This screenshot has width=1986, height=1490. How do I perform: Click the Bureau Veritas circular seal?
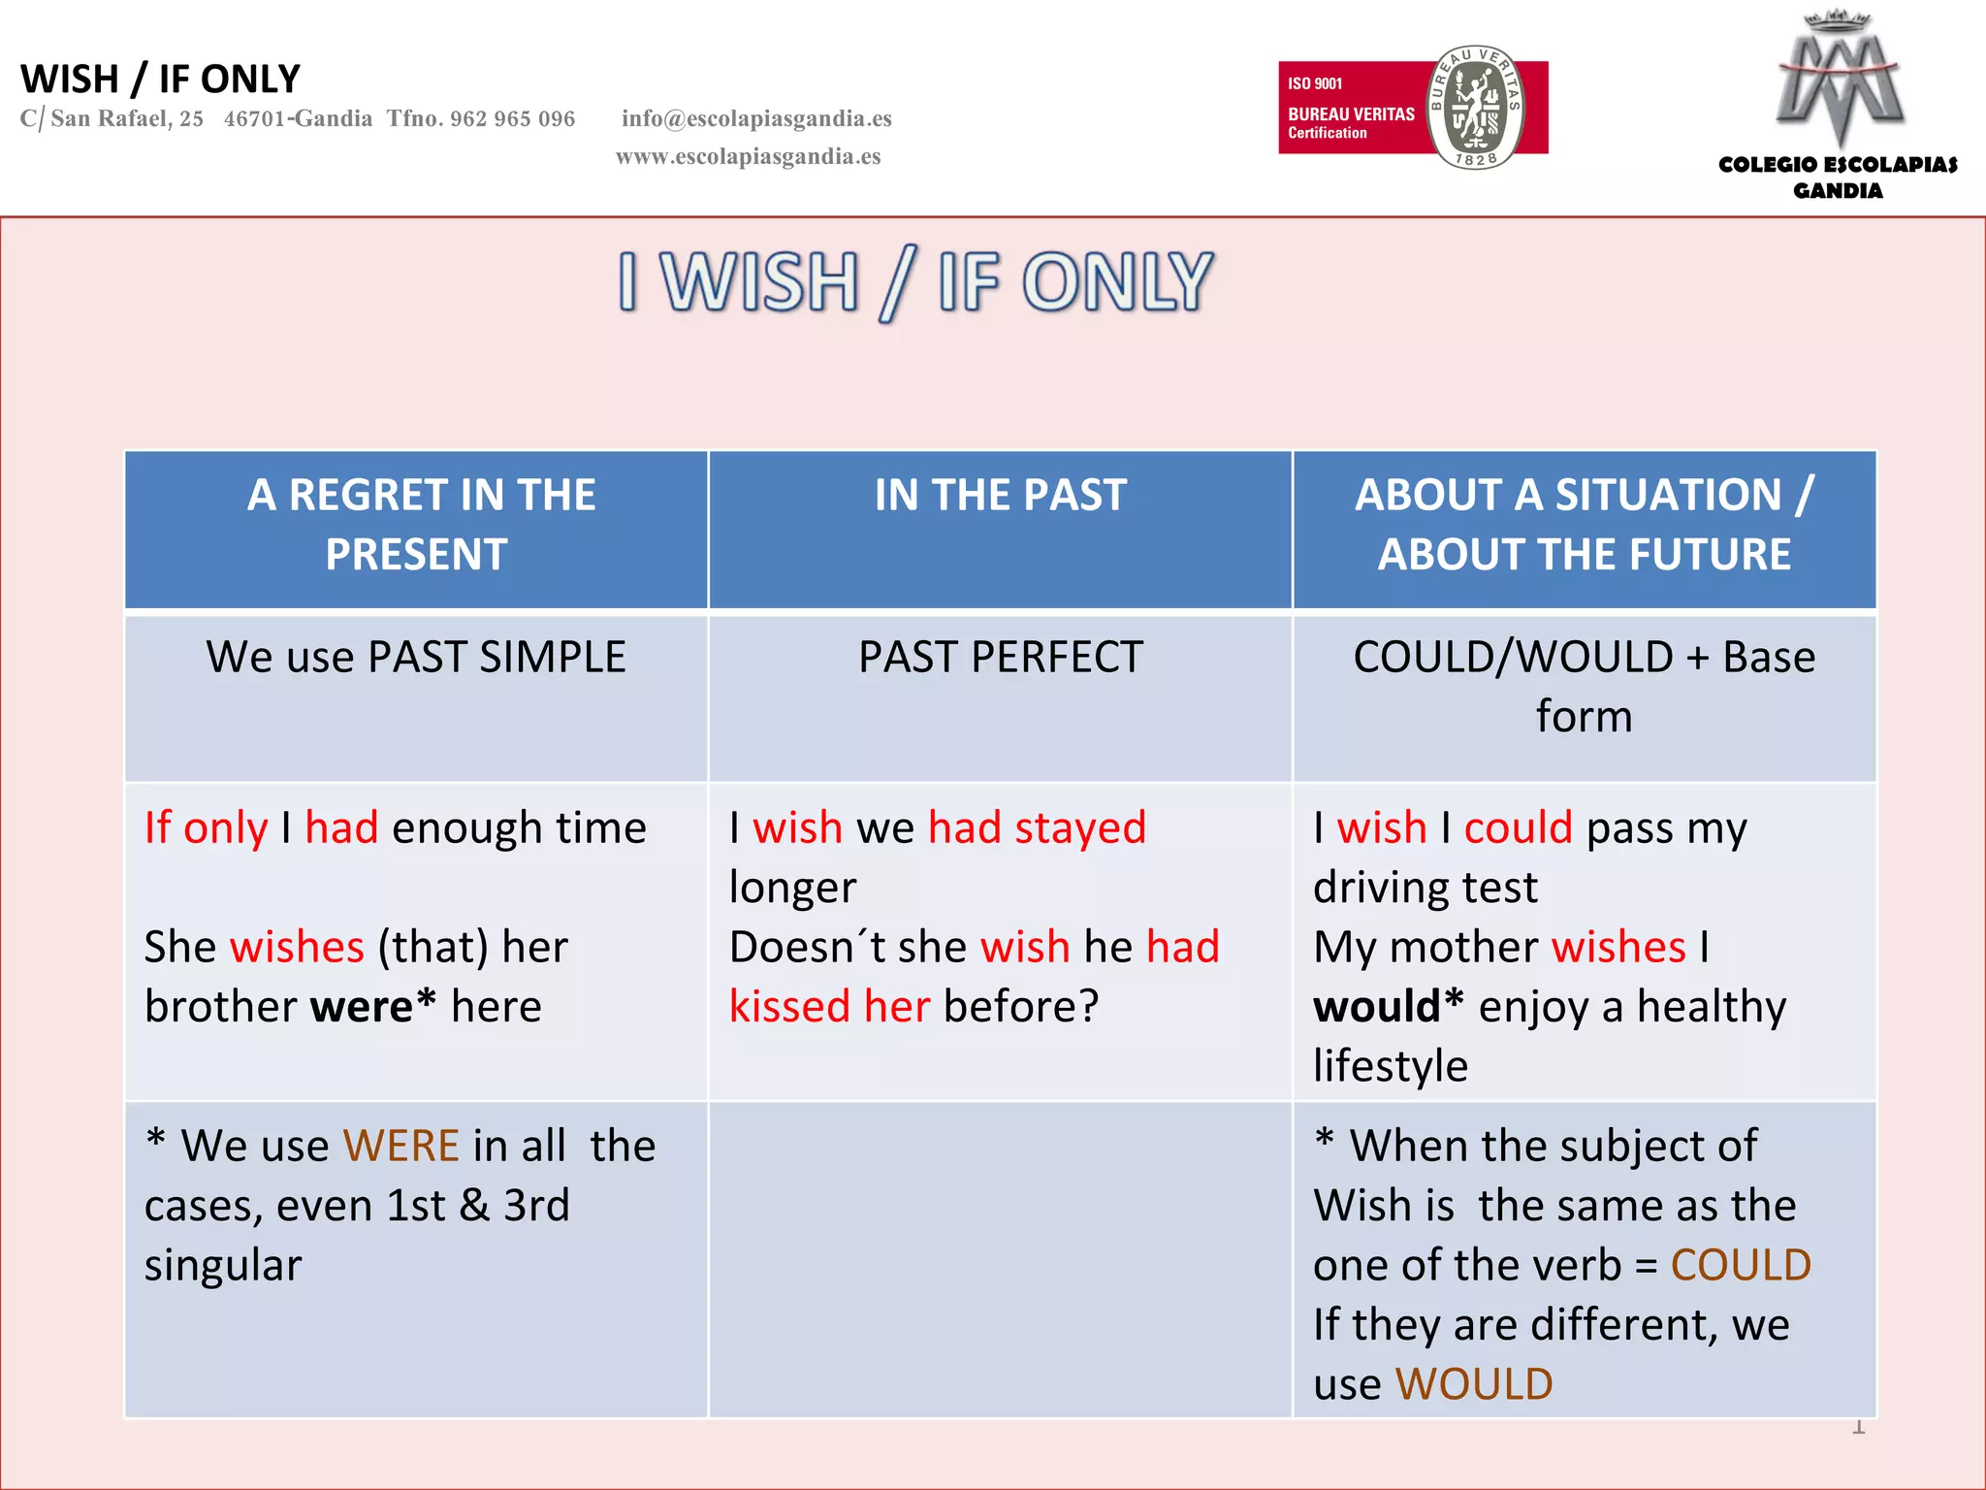click(1475, 108)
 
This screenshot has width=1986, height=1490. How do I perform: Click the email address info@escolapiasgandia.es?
click(756, 118)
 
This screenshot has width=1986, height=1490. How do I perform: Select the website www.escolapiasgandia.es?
click(748, 156)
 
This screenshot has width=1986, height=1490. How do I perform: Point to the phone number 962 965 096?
click(512, 118)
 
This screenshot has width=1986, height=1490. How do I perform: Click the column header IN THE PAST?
click(1000, 495)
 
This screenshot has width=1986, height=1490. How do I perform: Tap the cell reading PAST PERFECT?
click(1000, 657)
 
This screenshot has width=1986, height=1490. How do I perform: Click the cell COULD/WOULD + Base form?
click(1584, 686)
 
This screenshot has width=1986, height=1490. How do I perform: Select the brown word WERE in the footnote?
click(400, 1146)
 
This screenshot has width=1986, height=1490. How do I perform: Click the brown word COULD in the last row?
click(1741, 1265)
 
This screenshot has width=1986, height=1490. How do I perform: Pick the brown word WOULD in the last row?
click(1473, 1384)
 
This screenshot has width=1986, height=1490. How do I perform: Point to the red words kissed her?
click(829, 1006)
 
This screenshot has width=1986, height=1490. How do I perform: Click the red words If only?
click(206, 828)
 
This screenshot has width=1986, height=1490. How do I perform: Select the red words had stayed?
click(1037, 828)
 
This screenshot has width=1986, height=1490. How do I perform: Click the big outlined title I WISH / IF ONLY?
click(915, 282)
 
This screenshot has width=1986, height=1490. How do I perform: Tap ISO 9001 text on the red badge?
click(1315, 83)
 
